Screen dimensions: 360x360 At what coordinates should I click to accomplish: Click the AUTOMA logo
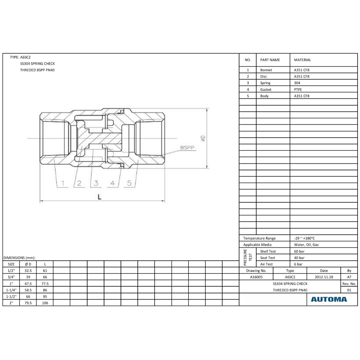[329, 299]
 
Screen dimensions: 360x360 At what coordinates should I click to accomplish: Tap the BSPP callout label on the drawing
[187, 147]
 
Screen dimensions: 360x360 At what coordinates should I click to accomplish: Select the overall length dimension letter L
[99, 197]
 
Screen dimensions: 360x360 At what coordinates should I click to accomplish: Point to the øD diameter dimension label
[203, 138]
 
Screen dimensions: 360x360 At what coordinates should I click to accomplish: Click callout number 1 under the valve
[63, 183]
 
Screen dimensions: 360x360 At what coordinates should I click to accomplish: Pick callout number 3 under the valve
[96, 183]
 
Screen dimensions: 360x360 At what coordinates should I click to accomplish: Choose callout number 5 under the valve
[129, 183]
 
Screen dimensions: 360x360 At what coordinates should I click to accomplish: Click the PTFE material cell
[298, 90]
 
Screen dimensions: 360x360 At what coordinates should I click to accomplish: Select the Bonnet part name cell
[266, 70]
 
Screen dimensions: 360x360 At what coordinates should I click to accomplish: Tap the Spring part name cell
[265, 83]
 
